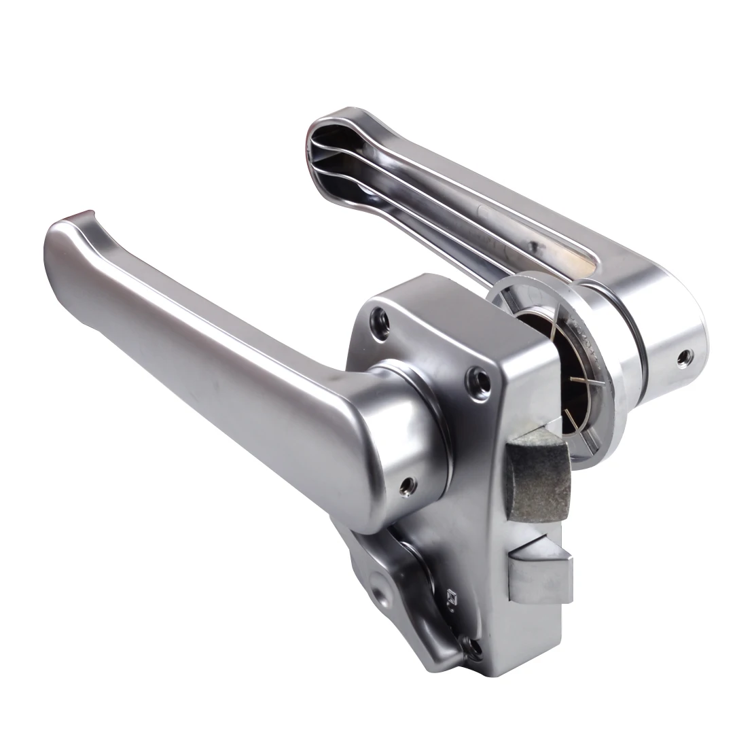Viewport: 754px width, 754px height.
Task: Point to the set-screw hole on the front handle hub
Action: [x=408, y=484]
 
